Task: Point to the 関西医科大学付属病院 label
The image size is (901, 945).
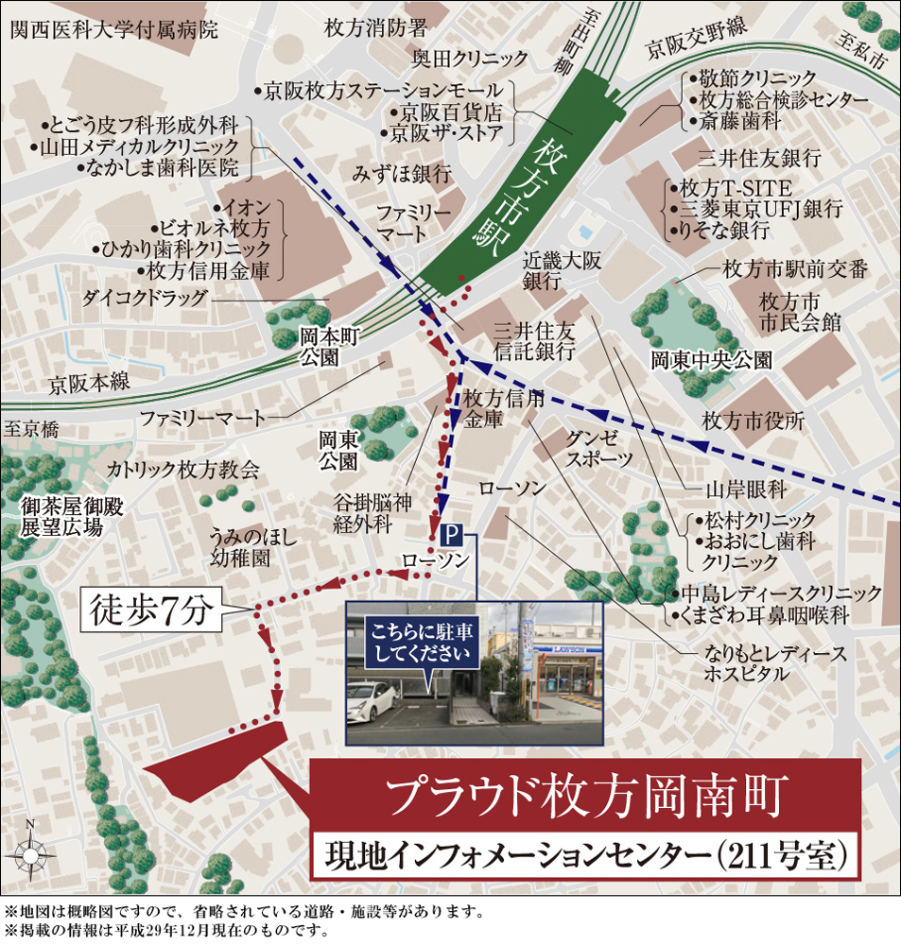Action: (113, 29)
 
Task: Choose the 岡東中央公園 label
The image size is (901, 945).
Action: (711, 360)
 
